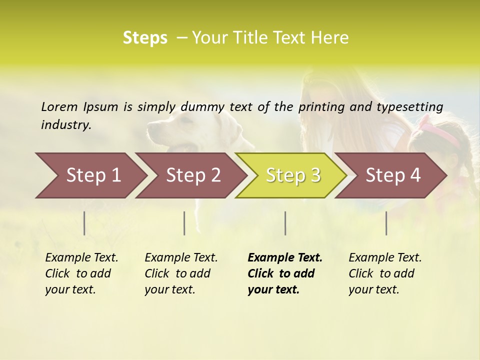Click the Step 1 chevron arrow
tap(90, 175)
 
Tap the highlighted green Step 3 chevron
tap(291, 175)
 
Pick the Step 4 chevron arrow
tap(391, 175)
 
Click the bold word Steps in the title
tap(145, 38)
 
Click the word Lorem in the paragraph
tap(59, 106)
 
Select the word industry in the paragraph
tap(66, 124)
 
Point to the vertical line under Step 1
tap(84, 223)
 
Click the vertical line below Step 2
tap(184, 223)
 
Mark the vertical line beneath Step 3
tap(285, 223)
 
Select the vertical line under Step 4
tap(386, 223)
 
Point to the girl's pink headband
tap(440, 131)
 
